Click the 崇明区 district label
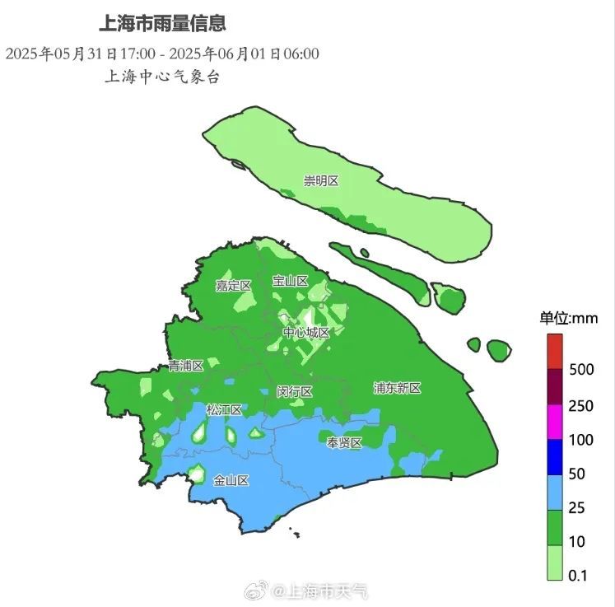click(321, 180)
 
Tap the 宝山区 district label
click(290, 281)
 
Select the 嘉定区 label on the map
click(233, 286)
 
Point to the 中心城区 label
click(306, 333)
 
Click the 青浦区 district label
click(185, 365)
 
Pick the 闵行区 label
click(294, 391)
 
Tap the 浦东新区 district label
click(397, 388)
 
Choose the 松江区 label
click(224, 409)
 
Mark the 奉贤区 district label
click(344, 443)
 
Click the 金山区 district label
click(231, 480)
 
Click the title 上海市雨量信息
click(162, 23)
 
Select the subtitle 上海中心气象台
click(162, 77)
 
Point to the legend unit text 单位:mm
click(568, 318)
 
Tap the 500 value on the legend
click(581, 369)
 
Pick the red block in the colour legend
click(555, 351)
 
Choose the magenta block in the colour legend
click(555, 422)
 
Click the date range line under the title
click(162, 54)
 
